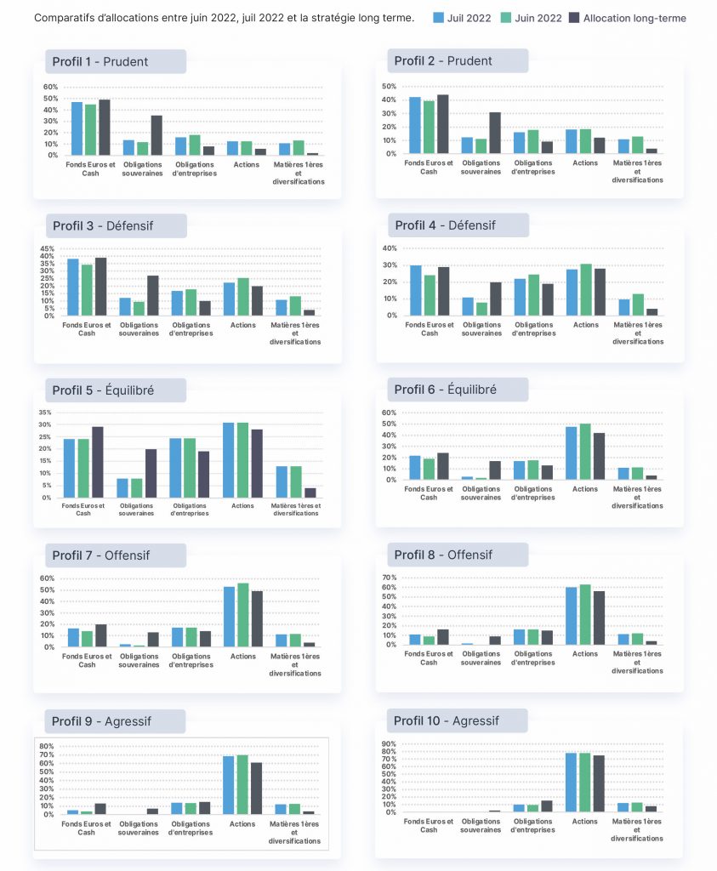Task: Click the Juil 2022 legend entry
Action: click(x=462, y=18)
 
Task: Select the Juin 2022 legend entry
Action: click(x=532, y=18)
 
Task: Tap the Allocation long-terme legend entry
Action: click(x=629, y=18)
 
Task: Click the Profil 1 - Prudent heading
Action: click(x=100, y=61)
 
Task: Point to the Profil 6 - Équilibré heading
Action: click(x=446, y=390)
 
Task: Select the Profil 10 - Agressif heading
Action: click(x=447, y=720)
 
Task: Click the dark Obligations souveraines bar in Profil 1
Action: click(x=156, y=135)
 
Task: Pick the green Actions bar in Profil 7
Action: click(x=242, y=615)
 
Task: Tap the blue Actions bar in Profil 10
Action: click(x=571, y=783)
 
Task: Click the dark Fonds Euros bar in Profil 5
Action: click(x=97, y=462)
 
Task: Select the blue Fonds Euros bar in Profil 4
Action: click(x=415, y=291)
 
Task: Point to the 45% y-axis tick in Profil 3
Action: click(x=48, y=249)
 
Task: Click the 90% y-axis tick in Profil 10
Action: click(x=389, y=743)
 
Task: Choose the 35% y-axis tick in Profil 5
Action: click(x=45, y=413)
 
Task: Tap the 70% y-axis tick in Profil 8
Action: click(x=390, y=578)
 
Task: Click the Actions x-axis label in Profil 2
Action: click(x=585, y=162)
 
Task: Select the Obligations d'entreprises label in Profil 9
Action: click(x=191, y=828)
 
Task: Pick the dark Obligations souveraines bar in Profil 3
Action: click(x=153, y=295)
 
